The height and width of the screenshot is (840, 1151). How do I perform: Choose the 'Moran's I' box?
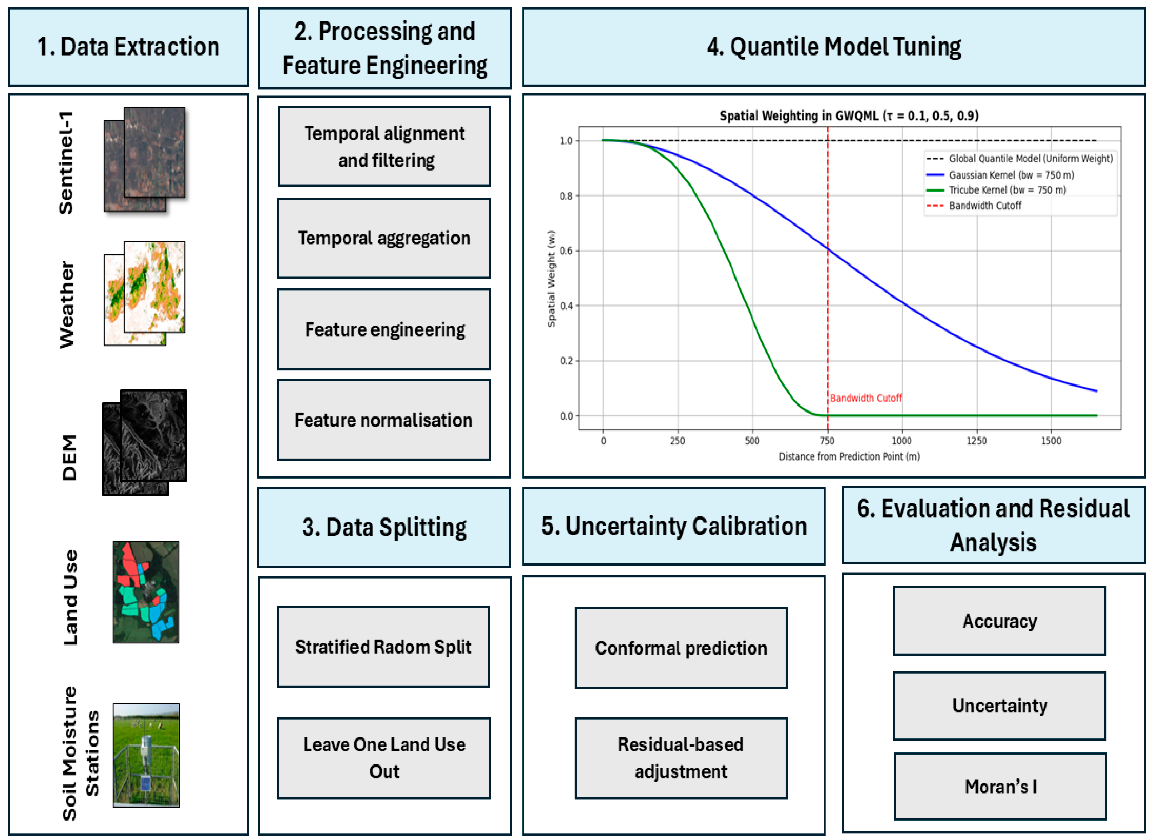click(1000, 786)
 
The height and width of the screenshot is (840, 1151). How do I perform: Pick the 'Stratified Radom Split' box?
click(383, 647)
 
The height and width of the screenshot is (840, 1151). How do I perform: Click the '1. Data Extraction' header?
click(128, 47)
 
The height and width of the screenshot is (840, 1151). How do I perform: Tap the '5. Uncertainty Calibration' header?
click(674, 526)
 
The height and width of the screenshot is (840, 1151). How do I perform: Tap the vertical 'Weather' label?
click(67, 305)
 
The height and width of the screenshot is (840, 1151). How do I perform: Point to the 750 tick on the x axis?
click(827, 441)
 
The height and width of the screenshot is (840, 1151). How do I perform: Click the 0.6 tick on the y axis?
click(566, 251)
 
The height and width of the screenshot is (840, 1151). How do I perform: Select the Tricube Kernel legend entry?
click(1007, 190)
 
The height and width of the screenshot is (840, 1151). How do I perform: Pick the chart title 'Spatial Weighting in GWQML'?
click(849, 116)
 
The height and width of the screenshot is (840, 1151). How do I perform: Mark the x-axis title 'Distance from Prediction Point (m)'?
click(849, 457)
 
